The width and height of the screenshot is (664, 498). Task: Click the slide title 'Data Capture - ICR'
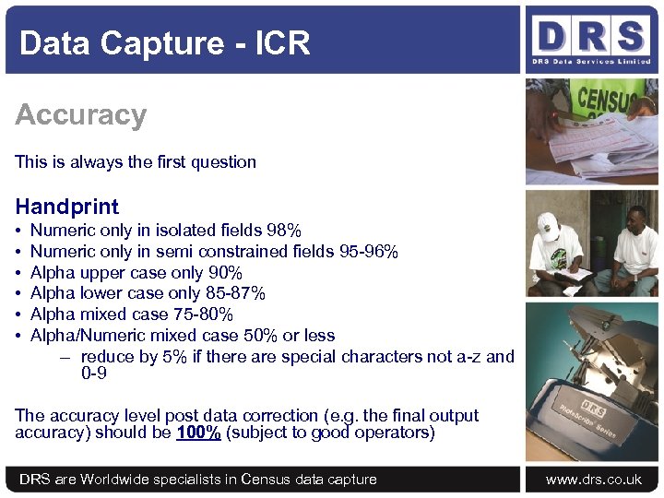point(164,42)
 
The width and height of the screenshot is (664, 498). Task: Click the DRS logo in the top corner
point(591,38)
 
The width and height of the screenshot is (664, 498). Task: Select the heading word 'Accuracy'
point(81,115)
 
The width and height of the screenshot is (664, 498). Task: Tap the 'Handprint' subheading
point(67,206)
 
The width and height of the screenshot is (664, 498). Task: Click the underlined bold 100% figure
point(197,433)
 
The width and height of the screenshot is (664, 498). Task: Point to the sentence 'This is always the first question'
point(136,162)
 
